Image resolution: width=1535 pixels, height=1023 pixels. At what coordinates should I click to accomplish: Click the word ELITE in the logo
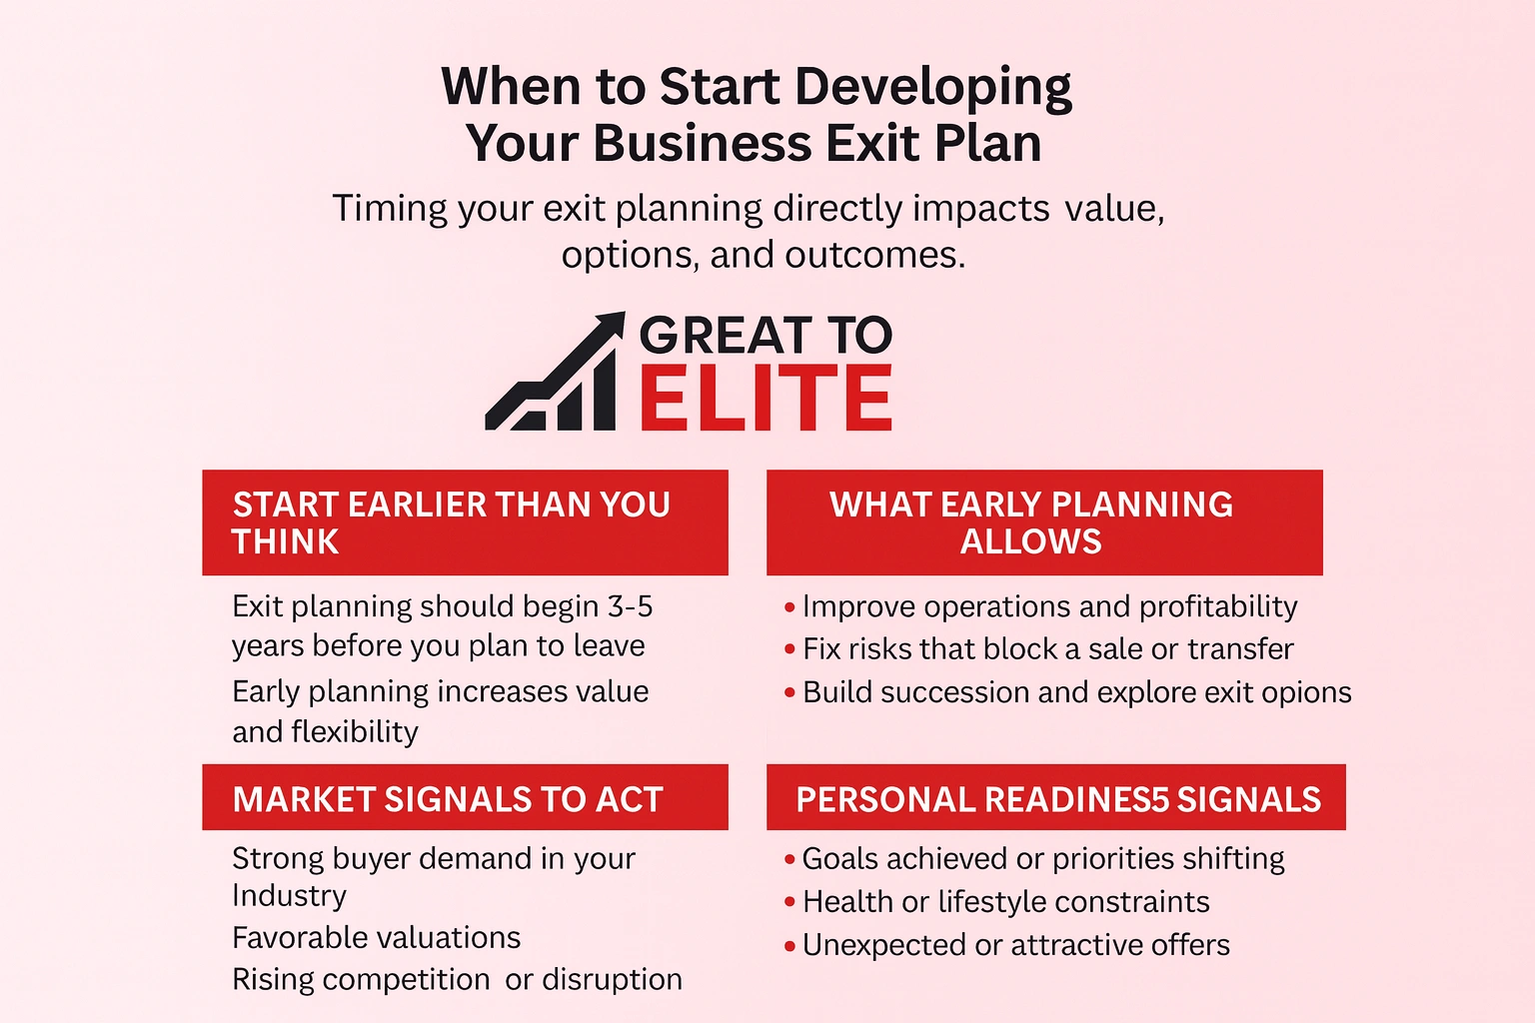pyautogui.click(x=765, y=398)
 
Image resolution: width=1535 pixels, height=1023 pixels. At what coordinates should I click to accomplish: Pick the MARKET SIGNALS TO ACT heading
pyautogui.click(x=448, y=799)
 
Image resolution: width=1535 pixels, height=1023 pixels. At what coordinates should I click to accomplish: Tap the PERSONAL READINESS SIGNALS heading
pyautogui.click(x=1057, y=799)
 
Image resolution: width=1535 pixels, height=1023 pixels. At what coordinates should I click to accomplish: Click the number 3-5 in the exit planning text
pyautogui.click(x=630, y=606)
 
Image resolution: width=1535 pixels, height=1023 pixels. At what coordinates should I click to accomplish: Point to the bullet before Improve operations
pyautogui.click(x=789, y=607)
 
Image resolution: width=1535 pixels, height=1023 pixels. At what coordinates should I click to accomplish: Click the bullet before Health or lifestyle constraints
pyautogui.click(x=789, y=902)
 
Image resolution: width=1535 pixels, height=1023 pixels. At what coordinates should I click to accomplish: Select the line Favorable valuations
pyautogui.click(x=376, y=937)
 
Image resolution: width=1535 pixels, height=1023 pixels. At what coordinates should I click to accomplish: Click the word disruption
pyautogui.click(x=612, y=979)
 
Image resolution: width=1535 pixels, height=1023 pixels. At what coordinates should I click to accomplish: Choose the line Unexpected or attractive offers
pyautogui.click(x=1015, y=945)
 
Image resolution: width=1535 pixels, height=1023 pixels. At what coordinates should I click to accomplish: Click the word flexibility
pyautogui.click(x=354, y=731)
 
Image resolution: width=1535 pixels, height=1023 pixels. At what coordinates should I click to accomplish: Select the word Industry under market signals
pyautogui.click(x=289, y=895)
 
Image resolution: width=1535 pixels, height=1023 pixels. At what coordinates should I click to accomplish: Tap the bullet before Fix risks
pyautogui.click(x=789, y=649)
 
